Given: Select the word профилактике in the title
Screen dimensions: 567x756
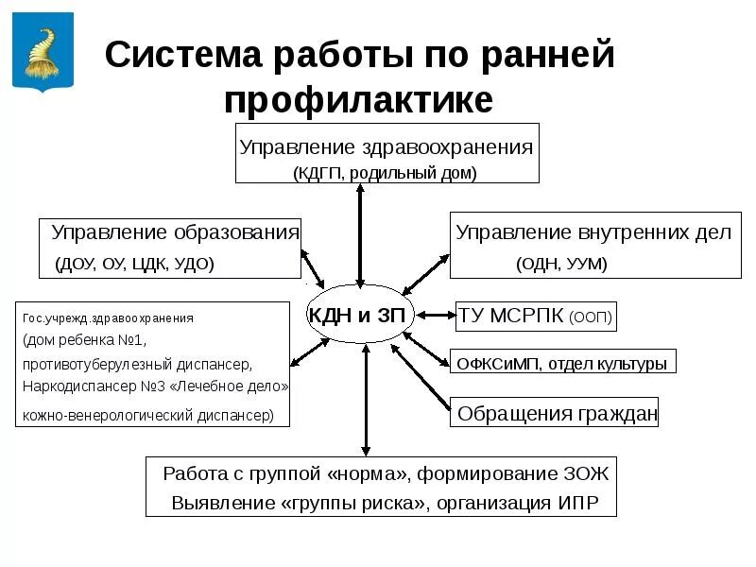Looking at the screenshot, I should click(x=358, y=99).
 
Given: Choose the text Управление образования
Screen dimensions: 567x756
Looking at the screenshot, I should click(x=175, y=232).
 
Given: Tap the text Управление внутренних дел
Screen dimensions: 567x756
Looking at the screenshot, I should click(x=593, y=232).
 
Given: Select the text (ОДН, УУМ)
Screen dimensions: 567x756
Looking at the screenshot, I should click(x=561, y=263).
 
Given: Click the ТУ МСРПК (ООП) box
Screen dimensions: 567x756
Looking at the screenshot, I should click(x=536, y=317).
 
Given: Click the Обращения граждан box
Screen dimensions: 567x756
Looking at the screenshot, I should click(x=557, y=414).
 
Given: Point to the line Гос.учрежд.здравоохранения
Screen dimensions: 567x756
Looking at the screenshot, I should click(x=108, y=318).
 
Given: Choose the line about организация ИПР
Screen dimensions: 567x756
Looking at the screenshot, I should click(x=385, y=502).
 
